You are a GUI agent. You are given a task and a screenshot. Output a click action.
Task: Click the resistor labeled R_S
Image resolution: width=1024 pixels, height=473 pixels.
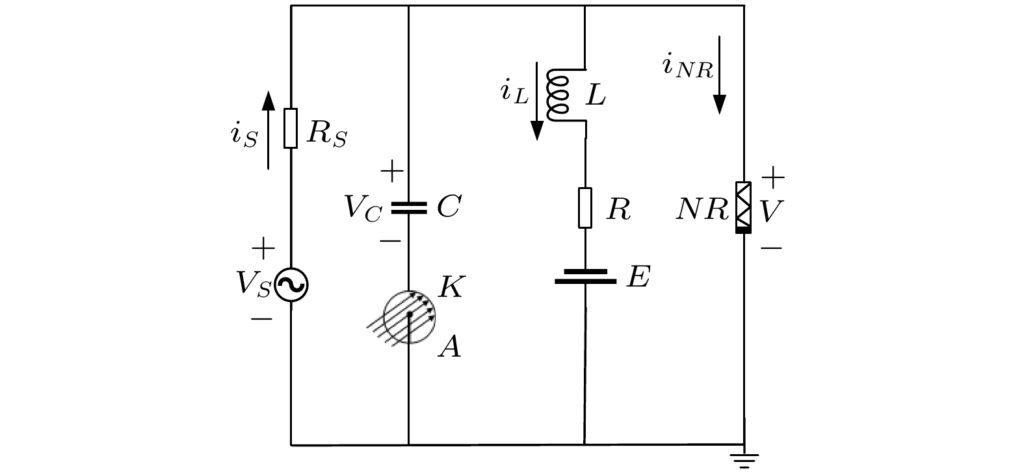click(290, 129)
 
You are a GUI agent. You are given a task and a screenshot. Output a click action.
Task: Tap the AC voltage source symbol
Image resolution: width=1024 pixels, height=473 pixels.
click(291, 285)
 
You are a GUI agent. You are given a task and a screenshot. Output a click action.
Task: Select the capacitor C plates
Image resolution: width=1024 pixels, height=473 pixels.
click(409, 208)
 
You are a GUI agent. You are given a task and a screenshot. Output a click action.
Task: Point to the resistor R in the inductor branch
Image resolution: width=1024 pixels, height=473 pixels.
click(585, 207)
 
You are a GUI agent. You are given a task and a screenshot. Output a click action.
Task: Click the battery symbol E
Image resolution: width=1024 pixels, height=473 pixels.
click(586, 277)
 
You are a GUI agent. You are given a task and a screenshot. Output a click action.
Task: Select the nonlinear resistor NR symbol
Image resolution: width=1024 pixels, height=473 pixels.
click(743, 207)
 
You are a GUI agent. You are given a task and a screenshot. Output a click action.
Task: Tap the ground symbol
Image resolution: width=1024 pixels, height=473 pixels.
click(744, 461)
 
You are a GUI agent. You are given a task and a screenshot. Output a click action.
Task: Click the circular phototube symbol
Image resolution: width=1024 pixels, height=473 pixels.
click(409, 316)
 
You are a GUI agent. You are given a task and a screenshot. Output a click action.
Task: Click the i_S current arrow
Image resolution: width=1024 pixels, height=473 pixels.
click(269, 130)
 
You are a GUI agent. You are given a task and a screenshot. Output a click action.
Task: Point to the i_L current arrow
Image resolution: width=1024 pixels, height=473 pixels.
click(536, 101)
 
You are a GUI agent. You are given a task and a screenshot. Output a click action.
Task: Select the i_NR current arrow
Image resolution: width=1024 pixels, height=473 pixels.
click(720, 75)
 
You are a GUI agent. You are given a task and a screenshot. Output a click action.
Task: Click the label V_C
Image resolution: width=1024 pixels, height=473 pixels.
click(363, 209)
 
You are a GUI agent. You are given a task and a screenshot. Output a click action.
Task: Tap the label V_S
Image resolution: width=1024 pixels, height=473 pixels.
click(254, 284)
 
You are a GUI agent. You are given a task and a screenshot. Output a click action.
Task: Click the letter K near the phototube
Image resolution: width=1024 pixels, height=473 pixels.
click(451, 287)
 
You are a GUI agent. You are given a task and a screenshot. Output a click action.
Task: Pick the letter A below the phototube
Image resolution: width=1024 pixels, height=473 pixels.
click(450, 346)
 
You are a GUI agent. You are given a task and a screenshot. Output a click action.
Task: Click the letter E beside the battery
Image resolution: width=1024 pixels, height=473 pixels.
click(638, 276)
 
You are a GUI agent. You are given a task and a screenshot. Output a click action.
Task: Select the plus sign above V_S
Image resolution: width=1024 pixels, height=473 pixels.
click(263, 249)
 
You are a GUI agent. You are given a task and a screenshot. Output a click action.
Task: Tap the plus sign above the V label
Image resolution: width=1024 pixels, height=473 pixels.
click(773, 177)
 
